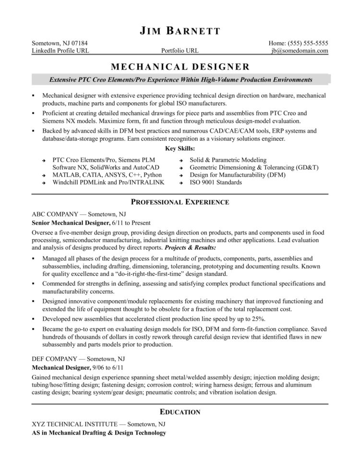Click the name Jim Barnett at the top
tap(180, 32)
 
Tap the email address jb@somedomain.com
tap(299, 51)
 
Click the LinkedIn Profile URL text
tap(60, 51)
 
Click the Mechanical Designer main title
tap(180, 66)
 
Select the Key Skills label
tap(180, 149)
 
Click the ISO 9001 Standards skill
tap(216, 183)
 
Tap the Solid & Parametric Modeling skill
tap(228, 159)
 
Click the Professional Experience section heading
tap(180, 202)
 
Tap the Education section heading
tap(180, 412)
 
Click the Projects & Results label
tap(190, 247)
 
